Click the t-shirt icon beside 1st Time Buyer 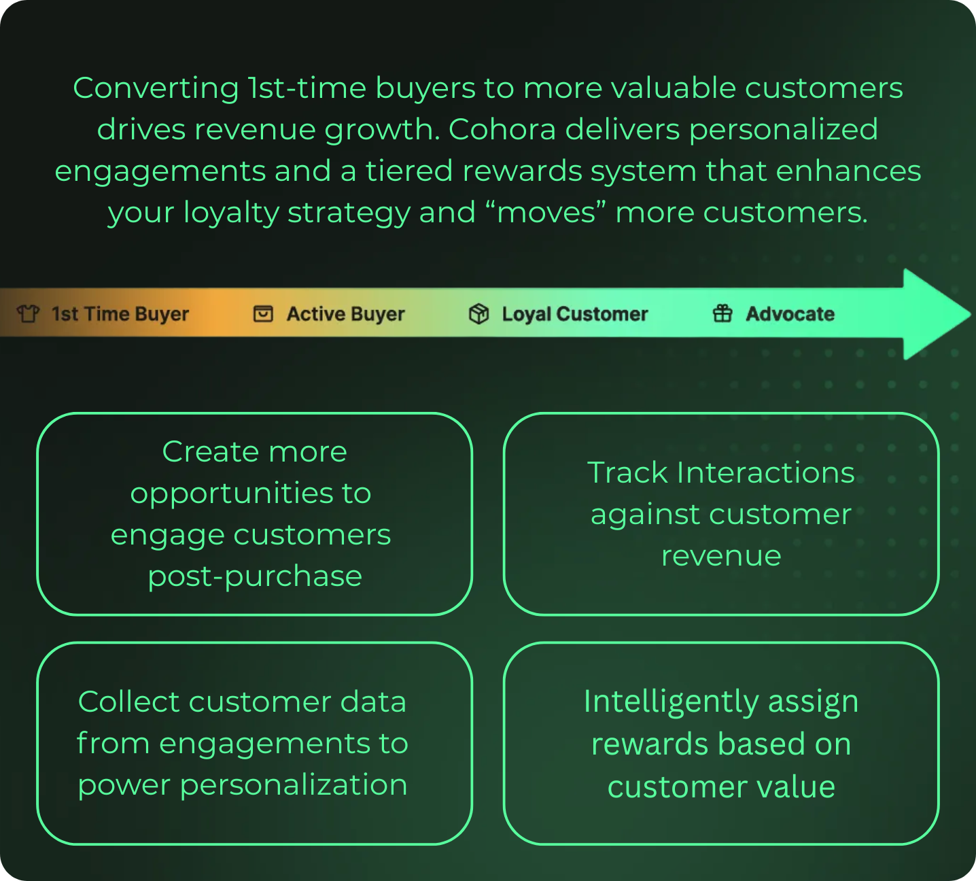[28, 314]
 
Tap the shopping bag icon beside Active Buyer [263, 314]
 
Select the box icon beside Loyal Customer [478, 314]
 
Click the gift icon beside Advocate [722, 313]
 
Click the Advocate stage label [790, 314]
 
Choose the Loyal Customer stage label [575, 314]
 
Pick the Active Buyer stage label [345, 314]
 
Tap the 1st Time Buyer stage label [120, 314]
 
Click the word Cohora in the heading [502, 129]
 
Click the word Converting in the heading [156, 88]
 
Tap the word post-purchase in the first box [255, 576]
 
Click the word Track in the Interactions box [627, 472]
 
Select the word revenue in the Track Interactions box [721, 556]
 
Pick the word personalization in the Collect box [294, 785]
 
